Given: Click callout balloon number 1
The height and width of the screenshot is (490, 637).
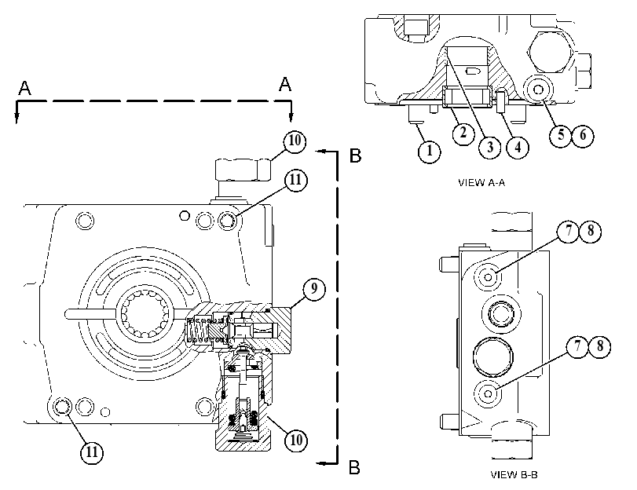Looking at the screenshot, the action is [430, 151].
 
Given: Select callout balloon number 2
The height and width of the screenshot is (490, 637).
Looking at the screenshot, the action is [463, 133].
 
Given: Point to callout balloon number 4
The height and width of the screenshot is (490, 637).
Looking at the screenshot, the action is [518, 147].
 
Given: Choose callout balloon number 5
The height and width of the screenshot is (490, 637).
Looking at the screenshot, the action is [561, 135].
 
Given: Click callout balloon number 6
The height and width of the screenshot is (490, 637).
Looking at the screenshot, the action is [583, 135].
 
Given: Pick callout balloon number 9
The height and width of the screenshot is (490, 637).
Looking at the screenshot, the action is [314, 289].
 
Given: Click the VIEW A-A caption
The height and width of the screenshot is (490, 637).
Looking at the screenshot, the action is [481, 183].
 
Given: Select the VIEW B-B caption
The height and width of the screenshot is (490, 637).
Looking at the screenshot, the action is [514, 474].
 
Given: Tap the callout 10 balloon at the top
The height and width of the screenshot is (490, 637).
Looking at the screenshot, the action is [295, 141].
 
